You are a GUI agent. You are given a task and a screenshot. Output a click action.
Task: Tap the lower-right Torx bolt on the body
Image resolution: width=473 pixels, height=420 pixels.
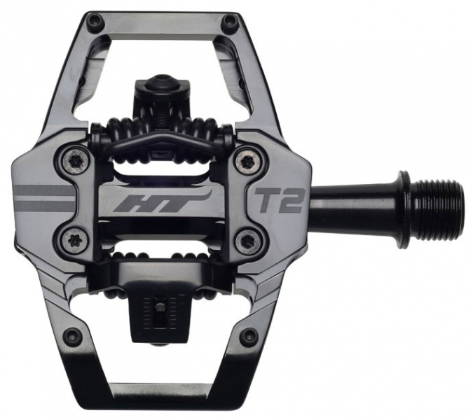click(247, 241)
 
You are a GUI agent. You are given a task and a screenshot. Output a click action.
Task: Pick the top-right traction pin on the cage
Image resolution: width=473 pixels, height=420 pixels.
click(228, 22)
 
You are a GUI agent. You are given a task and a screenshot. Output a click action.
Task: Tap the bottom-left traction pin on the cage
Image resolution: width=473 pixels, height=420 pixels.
click(71, 336)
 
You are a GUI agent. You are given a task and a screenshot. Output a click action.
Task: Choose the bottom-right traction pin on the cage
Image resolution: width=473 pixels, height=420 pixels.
click(248, 337)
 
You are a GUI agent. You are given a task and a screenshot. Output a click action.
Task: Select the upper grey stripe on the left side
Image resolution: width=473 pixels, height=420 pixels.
click(42, 190)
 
